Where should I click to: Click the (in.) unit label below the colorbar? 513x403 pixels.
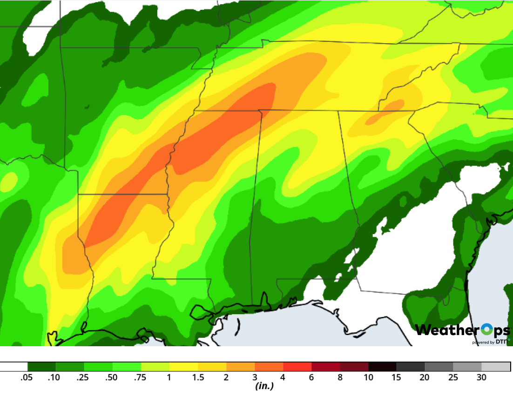[x=264, y=386]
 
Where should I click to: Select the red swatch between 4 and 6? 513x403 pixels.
[x=297, y=367]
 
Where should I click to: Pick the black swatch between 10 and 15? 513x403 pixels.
[x=382, y=367]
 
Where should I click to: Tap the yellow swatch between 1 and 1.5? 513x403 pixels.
[x=184, y=367]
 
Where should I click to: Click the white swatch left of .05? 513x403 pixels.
[x=14, y=367]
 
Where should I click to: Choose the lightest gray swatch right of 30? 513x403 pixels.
[x=496, y=367]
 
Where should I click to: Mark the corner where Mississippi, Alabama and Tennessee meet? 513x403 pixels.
[x=259, y=110]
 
